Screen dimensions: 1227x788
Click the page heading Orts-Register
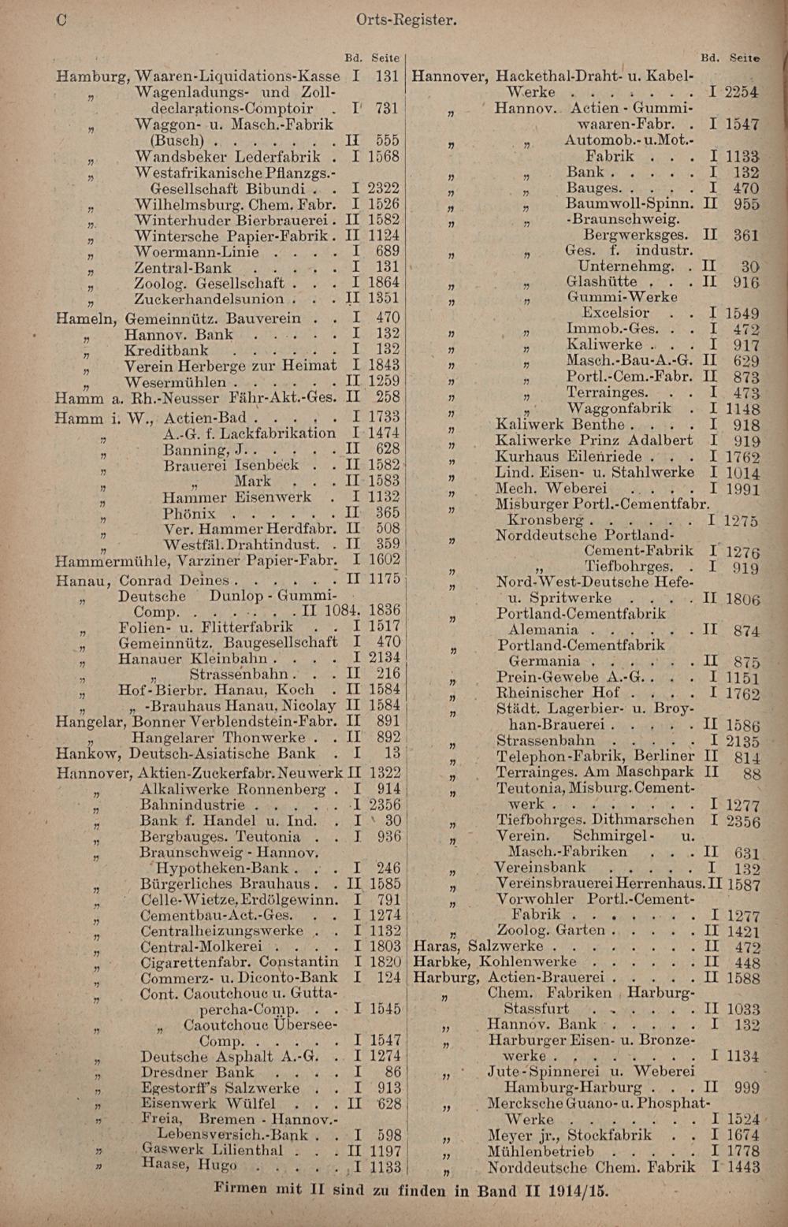(406, 20)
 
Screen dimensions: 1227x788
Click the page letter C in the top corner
(61, 20)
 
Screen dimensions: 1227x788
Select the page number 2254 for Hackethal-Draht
(742, 92)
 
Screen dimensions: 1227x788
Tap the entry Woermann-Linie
(196, 252)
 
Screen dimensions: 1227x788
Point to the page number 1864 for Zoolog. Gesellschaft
(384, 283)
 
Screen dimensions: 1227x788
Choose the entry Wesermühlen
(175, 382)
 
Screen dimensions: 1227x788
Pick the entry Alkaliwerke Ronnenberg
(232, 790)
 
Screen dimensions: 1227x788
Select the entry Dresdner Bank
(197, 1073)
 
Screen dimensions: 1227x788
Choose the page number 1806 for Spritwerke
(742, 599)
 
